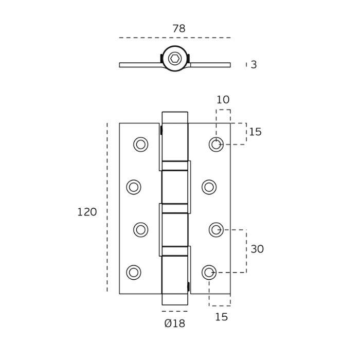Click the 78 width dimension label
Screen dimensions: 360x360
tap(178, 29)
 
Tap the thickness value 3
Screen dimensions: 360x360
tap(254, 65)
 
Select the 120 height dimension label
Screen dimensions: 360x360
tap(87, 212)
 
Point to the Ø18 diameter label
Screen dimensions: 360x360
tap(174, 323)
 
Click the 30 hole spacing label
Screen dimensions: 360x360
tap(257, 249)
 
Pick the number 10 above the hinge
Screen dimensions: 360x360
tap(223, 100)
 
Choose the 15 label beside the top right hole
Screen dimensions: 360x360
tap(255, 132)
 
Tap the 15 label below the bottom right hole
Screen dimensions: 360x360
tap(221, 317)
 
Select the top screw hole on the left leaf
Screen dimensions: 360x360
tap(140, 145)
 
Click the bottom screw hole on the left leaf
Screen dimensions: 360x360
tap(134, 273)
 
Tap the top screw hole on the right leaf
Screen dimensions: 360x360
tap(216, 145)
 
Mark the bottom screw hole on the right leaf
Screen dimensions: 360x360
tap(209, 273)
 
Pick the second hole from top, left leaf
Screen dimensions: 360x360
tap(134, 187)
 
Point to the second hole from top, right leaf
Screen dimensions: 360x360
tap(209, 187)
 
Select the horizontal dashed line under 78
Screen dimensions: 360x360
tap(175, 38)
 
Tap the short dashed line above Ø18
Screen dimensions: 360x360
tap(175, 311)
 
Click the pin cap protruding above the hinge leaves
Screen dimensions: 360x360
tap(175, 117)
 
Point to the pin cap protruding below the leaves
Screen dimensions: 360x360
tap(175, 299)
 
